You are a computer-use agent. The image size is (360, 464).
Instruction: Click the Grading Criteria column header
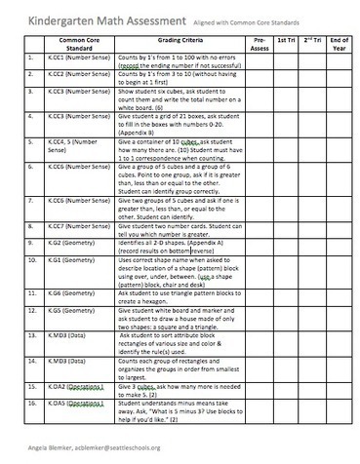click(x=168, y=43)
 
